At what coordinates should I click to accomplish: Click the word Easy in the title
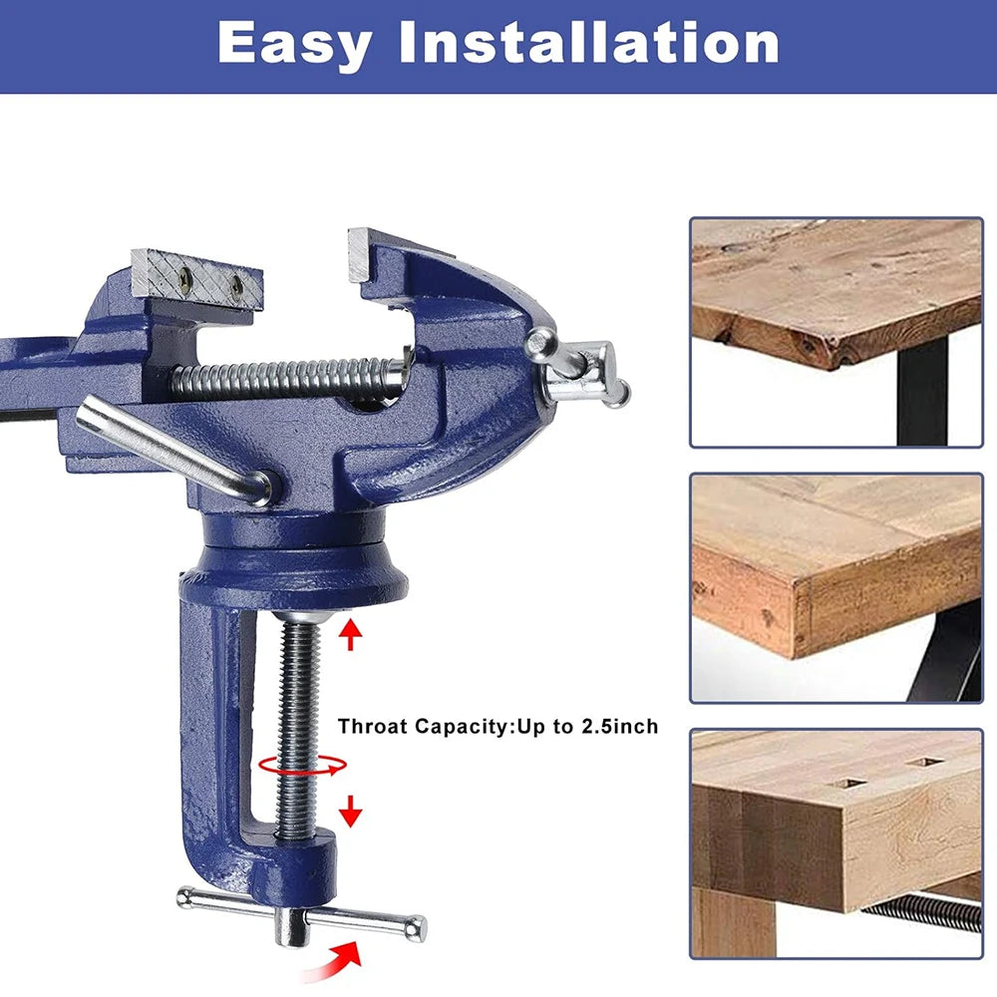tap(294, 44)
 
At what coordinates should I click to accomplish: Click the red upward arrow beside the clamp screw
tap(350, 634)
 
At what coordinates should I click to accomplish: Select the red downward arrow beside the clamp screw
tap(350, 811)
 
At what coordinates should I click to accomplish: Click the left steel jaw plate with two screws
tap(197, 277)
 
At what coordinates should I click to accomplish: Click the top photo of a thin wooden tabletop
tap(835, 331)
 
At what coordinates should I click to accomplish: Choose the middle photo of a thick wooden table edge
tap(835, 587)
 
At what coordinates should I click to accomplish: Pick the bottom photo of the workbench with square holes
tap(835, 842)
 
